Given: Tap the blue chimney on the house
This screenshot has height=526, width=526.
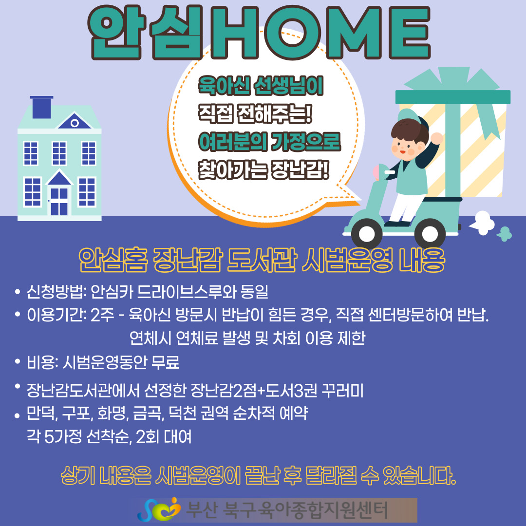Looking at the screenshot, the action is (x=41, y=107).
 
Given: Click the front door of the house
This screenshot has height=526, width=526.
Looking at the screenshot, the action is (x=59, y=201).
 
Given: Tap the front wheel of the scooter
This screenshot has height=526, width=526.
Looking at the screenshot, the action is (x=366, y=233).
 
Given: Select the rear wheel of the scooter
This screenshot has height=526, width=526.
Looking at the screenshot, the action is (x=430, y=234).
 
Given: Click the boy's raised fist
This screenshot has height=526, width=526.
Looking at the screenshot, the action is (x=436, y=138).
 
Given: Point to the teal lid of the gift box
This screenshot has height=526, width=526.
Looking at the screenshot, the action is (x=453, y=97).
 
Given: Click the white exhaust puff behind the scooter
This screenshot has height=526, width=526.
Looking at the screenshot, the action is (x=483, y=223).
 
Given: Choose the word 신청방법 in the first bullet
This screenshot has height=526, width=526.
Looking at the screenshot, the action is (x=55, y=292).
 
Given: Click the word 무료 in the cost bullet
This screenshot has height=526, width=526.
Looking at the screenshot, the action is (x=166, y=362).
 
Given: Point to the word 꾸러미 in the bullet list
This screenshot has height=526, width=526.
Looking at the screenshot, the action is (x=342, y=391).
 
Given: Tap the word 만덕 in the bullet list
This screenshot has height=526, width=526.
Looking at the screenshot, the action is (x=40, y=413).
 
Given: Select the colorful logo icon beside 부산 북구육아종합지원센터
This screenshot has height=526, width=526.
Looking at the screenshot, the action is (x=159, y=509).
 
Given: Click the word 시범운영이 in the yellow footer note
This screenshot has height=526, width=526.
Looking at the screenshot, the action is (x=198, y=476).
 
